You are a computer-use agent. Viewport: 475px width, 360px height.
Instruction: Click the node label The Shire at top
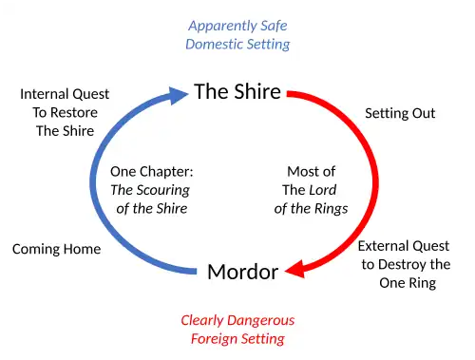point(237,91)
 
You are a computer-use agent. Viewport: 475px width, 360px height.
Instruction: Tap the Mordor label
point(243,272)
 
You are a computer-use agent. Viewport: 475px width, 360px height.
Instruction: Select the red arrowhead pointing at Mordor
point(295,270)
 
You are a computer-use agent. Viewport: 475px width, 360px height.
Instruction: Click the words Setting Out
point(400,113)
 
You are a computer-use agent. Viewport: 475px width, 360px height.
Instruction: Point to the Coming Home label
point(56,249)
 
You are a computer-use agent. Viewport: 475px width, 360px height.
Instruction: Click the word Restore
point(74,112)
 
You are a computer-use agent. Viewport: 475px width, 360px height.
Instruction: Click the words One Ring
point(408,283)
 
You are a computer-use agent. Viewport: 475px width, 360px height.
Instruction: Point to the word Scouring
point(162,191)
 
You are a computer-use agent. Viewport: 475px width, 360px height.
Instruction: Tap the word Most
point(301,172)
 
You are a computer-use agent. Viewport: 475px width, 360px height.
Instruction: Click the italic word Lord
point(323,190)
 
